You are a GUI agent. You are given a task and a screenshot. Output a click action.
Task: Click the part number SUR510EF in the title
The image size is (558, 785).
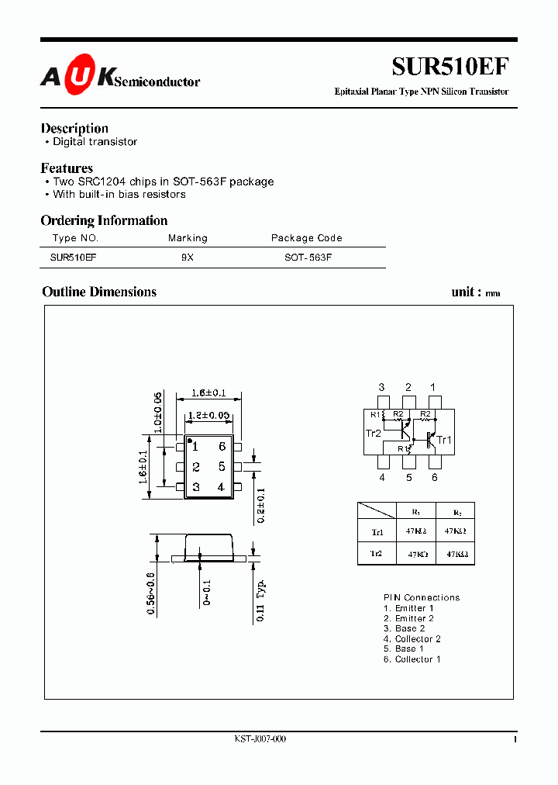pos(449,67)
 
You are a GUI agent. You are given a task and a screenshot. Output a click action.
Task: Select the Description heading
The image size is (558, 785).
pos(74,128)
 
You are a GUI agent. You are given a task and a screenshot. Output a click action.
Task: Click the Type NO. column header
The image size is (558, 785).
pos(75,238)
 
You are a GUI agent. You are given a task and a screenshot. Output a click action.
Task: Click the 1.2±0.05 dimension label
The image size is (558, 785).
pos(209,416)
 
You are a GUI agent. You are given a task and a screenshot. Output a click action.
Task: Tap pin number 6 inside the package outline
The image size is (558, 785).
pos(222,446)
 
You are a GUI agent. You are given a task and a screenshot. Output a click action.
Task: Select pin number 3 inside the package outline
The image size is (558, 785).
pos(196,487)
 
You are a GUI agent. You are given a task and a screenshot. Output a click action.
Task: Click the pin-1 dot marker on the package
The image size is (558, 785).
pos(190,441)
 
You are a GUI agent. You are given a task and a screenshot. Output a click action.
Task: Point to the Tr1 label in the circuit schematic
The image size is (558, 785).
pos(443,440)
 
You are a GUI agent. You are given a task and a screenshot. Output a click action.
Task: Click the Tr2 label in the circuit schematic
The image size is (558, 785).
pos(373,433)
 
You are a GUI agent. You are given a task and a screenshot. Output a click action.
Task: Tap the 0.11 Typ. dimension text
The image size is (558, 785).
pos(262,601)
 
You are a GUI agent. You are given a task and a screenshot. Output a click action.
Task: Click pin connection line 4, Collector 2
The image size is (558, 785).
pos(412,639)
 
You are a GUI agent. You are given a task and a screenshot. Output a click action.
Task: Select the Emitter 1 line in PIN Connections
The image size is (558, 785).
pos(408,608)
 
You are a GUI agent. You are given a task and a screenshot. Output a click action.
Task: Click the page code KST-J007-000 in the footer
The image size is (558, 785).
pos(260,739)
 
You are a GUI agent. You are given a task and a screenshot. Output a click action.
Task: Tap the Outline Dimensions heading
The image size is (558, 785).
pos(99,292)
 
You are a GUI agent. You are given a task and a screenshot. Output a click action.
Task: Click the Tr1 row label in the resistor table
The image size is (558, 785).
pos(377,532)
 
